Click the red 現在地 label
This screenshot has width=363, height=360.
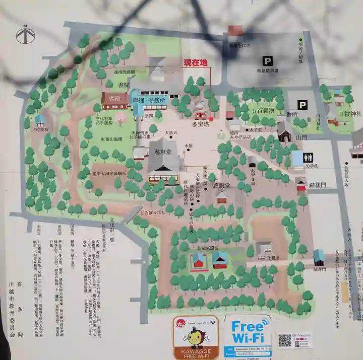point(195,63)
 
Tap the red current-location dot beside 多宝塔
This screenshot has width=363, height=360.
point(211,119)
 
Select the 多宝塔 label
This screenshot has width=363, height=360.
point(201,122)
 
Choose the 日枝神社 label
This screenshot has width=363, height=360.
point(350,114)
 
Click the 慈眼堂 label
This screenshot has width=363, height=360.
point(221,185)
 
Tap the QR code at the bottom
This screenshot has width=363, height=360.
point(285,340)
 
